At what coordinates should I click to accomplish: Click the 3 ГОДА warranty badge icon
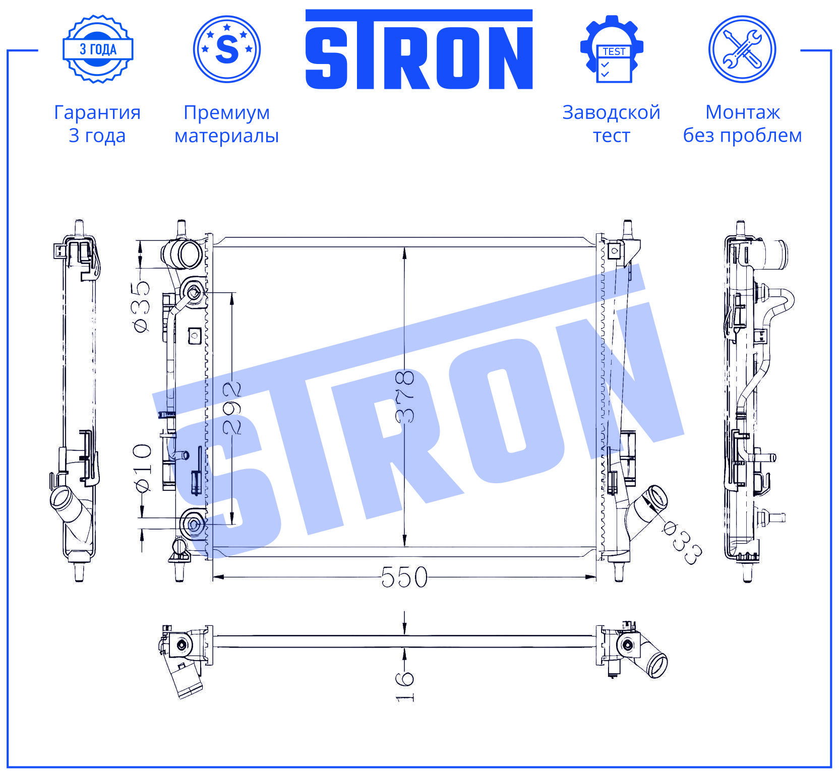[x=98, y=49]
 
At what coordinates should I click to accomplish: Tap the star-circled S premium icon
[x=227, y=49]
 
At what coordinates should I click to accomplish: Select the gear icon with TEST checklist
[x=612, y=49]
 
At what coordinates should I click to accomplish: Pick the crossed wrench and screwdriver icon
[x=742, y=49]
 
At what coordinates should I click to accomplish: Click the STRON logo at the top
[x=419, y=49]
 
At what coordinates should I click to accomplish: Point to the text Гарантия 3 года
[x=97, y=124]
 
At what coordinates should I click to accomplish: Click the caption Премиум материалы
[x=227, y=124]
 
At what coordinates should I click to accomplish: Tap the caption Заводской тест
[x=612, y=124]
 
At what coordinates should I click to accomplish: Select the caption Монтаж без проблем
[x=742, y=124]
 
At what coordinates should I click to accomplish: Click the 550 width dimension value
[x=404, y=577]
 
